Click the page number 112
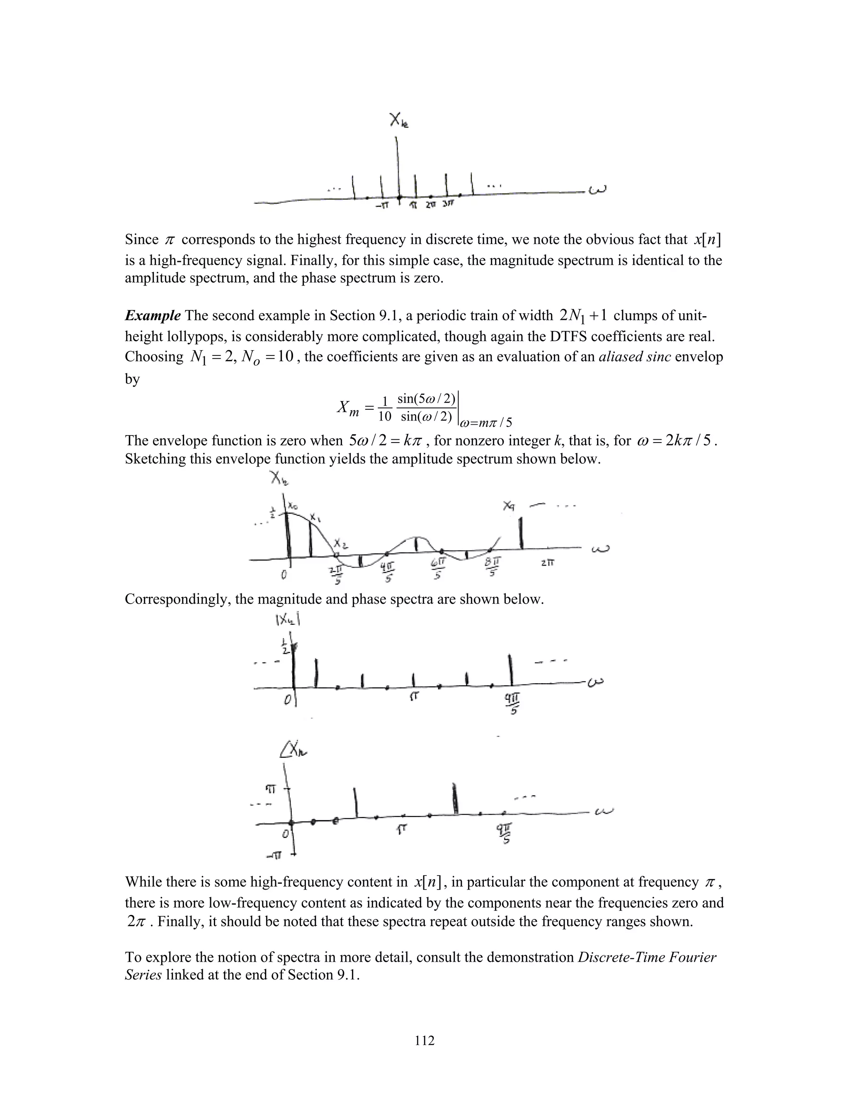(424, 1040)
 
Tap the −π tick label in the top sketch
(383, 205)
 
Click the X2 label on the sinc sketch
(342, 545)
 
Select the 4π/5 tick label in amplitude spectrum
(387, 570)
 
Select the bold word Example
(153, 316)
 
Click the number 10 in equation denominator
(385, 416)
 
